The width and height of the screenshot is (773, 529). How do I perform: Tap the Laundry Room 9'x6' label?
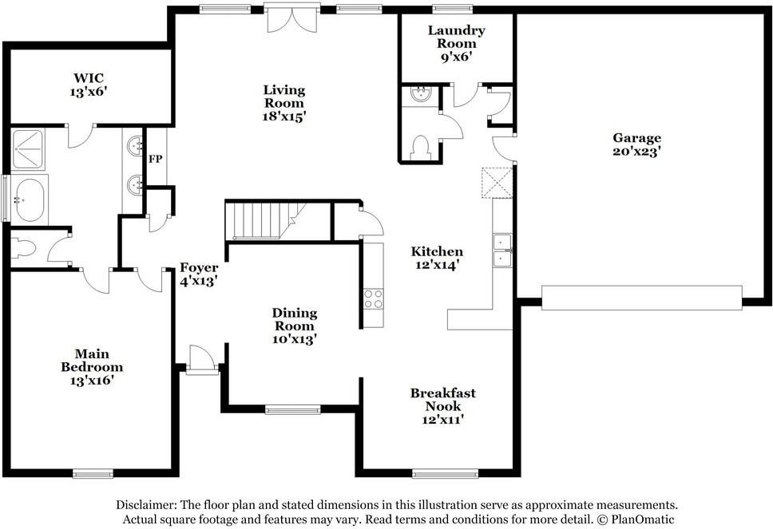pyautogui.click(x=456, y=43)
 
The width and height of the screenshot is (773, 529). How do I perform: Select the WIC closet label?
pyautogui.click(x=89, y=78)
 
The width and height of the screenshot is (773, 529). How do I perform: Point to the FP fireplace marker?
pyautogui.click(x=156, y=160)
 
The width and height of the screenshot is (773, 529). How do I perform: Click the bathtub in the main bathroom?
pyautogui.click(x=29, y=199)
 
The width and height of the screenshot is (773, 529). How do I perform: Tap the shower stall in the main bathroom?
pyautogui.click(x=28, y=149)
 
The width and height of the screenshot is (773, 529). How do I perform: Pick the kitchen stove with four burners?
pyautogui.click(x=373, y=298)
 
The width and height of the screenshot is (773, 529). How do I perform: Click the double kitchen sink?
pyautogui.click(x=502, y=251)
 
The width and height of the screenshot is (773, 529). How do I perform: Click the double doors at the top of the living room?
pyautogui.click(x=292, y=18)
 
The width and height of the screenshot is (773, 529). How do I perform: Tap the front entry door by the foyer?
pyautogui.click(x=203, y=360)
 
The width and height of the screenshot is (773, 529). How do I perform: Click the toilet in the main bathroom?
pyautogui.click(x=23, y=248)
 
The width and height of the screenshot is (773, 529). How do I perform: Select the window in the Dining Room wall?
pyautogui.click(x=293, y=409)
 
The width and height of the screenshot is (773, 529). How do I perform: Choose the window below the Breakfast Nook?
pyautogui.click(x=445, y=474)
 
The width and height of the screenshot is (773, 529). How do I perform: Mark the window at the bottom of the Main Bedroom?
pyautogui.click(x=93, y=474)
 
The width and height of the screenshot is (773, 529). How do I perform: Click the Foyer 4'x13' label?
pyautogui.click(x=198, y=274)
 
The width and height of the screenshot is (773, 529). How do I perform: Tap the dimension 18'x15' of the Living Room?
pyautogui.click(x=284, y=116)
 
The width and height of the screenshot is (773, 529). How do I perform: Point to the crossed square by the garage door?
pyautogui.click(x=497, y=182)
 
